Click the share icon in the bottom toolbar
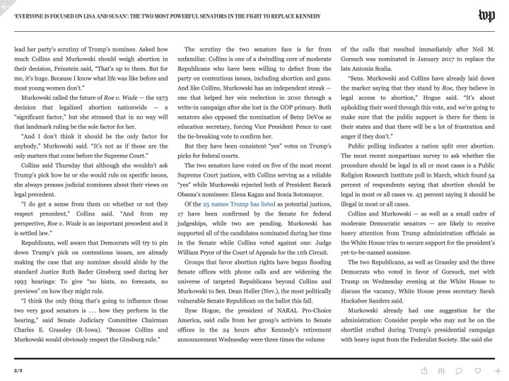coord(424,370)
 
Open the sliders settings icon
coord(442,370)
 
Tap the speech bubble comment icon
coord(460,370)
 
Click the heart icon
coord(479,370)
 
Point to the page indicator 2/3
coord(18,370)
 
